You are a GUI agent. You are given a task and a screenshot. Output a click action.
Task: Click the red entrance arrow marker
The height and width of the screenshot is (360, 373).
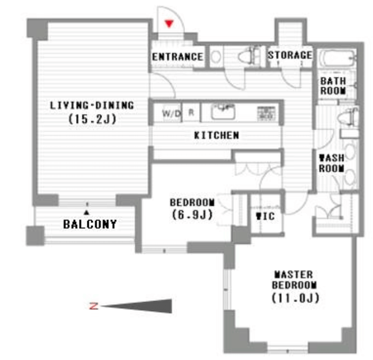coord(169,24)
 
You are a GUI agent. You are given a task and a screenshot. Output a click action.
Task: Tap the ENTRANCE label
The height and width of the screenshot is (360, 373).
coord(178,57)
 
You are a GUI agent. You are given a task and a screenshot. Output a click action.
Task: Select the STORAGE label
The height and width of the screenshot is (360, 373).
coord(290,55)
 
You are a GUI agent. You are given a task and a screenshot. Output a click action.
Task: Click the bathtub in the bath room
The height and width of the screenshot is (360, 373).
coord(338,59)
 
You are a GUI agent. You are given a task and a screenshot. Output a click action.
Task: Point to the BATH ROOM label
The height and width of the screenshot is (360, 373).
coord(333,86)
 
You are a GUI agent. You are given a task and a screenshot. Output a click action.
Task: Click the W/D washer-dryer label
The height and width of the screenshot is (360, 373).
coord(171,113)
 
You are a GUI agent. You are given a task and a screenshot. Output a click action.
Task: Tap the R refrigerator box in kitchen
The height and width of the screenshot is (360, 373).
coord(191,112)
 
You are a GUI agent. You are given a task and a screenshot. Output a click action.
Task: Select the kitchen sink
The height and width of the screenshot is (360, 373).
coord(223,111)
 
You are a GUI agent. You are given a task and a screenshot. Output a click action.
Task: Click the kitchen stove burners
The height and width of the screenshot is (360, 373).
coord(266,113)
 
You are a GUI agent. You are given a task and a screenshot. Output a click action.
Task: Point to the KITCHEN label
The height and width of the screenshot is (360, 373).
coord(217,135)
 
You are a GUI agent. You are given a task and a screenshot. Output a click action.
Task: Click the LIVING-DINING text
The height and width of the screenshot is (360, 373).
coord(92,106)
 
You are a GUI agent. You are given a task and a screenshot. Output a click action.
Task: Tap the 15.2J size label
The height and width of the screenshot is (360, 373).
coord(92,119)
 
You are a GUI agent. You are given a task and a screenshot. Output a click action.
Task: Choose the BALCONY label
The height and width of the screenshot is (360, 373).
coord(90,224)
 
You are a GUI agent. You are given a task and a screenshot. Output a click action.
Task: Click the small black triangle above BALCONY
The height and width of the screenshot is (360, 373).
coord(87,213)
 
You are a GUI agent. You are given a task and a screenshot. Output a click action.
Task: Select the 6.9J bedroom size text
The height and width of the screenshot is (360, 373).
coord(192,215)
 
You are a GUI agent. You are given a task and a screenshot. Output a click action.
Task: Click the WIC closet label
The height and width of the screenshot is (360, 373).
coord(265,216)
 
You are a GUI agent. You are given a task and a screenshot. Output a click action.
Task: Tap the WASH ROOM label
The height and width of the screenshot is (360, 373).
coord(332,163)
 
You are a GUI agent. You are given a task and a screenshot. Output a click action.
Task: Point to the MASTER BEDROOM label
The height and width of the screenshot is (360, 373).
coord(294,280)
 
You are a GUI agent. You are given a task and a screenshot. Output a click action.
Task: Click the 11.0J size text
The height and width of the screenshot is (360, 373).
coord(296,298)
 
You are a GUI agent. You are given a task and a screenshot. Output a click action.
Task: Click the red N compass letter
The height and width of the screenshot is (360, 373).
coord(93,306)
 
